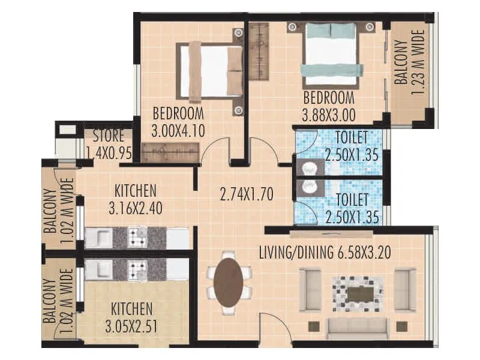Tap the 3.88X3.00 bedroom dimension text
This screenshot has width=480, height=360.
coord(328,112)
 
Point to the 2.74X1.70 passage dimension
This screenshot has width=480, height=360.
coord(247,194)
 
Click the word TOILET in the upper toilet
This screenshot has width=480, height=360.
coord(351,137)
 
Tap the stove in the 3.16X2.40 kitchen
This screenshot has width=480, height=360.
coord(137,238)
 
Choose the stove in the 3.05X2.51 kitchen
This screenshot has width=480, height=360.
coord(137,269)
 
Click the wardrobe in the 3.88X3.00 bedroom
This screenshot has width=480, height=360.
coord(259,52)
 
